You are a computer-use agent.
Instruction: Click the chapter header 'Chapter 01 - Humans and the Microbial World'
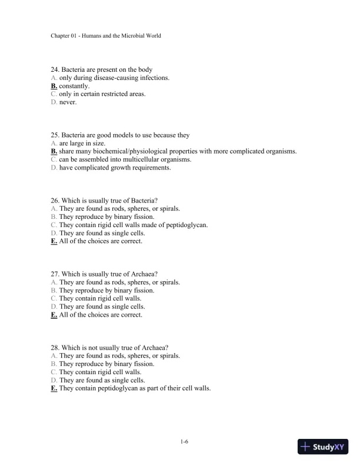click(106, 36)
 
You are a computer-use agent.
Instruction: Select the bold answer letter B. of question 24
click(54, 85)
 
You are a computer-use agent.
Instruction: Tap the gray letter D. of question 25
click(54, 168)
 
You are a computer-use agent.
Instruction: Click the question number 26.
click(55, 201)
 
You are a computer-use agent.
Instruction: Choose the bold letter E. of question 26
click(54, 241)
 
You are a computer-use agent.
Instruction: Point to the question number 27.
click(55, 274)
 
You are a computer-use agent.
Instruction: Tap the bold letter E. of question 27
click(54, 315)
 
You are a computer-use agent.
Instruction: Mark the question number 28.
click(55, 347)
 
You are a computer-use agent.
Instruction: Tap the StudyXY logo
click(324, 447)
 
